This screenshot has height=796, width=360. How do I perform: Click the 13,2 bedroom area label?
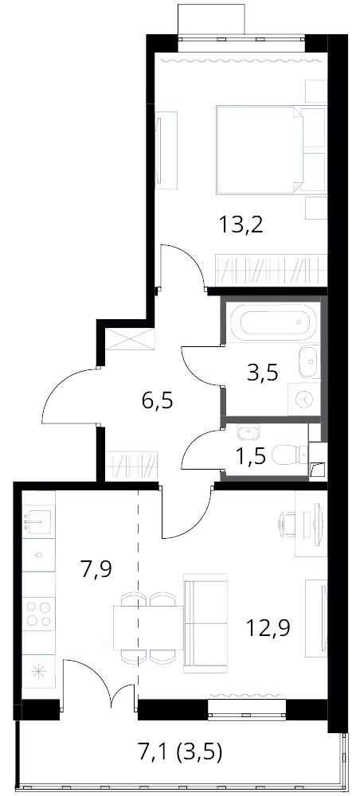241,224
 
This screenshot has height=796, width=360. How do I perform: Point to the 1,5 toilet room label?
251,457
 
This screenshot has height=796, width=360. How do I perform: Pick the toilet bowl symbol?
290,455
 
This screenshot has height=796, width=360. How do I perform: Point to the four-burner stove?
38,613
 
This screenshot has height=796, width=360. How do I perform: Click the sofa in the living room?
205,623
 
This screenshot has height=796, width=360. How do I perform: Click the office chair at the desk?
288,524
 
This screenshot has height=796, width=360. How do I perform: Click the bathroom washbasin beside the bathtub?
309,361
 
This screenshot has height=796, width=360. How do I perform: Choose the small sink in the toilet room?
248,433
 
